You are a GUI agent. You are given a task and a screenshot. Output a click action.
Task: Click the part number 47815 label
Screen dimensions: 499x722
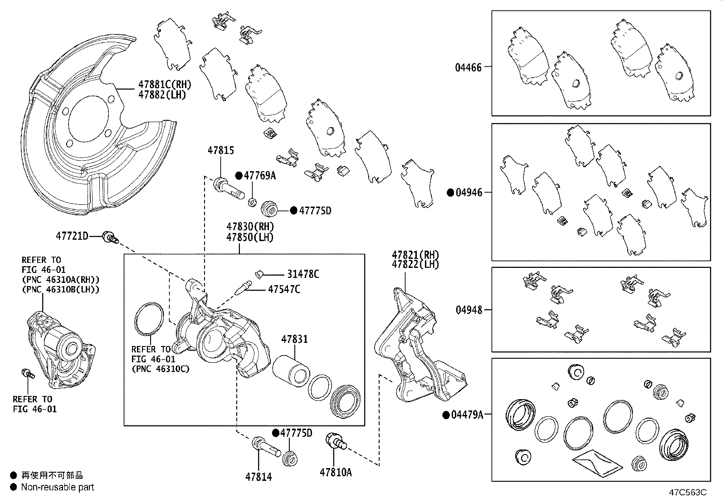coord(221,150)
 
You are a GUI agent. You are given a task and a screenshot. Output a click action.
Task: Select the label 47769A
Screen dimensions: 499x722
coord(259,176)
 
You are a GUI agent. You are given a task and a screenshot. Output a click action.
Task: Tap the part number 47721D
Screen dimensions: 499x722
coord(72,236)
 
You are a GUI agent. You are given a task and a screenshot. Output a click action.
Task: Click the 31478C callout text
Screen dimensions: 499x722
coord(303,274)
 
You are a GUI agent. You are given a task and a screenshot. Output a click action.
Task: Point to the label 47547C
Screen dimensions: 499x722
coord(283,289)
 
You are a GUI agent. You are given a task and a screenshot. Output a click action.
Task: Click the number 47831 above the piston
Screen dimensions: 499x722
coord(294,339)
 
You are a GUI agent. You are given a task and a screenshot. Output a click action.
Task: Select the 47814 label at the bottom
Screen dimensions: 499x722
coord(259,477)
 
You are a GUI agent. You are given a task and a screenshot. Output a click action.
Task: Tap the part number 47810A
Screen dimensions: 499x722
coord(336,472)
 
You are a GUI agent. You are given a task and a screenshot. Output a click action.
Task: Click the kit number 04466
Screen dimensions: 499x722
coord(468,68)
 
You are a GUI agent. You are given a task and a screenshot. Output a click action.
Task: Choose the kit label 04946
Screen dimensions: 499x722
coord(469,193)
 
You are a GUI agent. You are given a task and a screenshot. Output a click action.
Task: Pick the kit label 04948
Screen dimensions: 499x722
coord(468,310)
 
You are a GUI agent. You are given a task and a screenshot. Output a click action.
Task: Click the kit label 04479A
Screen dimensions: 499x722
coord(467,415)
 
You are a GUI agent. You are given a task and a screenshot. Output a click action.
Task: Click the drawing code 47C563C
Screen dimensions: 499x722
coord(687,492)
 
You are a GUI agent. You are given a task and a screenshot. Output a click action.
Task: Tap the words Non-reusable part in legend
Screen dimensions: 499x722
coord(58,487)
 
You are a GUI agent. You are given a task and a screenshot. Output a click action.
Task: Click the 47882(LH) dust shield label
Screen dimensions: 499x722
coord(162,95)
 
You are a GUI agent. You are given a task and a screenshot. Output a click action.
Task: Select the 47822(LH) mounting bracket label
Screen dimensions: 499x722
coord(415,265)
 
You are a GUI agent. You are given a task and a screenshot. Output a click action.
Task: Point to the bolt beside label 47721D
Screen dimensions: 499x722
coord(109,237)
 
